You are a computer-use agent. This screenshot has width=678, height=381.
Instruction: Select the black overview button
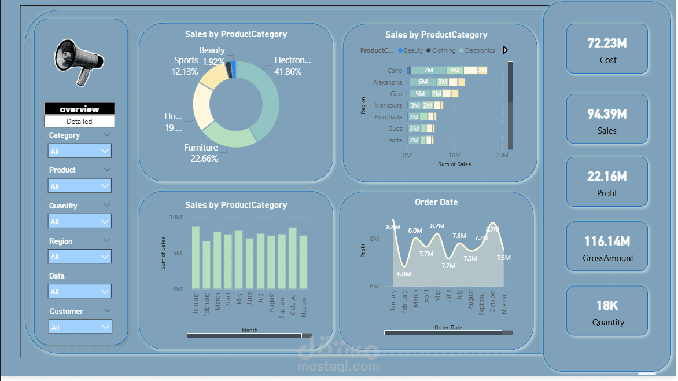coord(79,109)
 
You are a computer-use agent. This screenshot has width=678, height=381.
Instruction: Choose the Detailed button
coord(79,122)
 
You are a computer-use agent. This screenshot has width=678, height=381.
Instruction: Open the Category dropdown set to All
coord(80,151)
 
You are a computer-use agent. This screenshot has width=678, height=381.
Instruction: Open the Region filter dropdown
coord(80,257)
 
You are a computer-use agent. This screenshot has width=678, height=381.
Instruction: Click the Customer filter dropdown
coord(80,327)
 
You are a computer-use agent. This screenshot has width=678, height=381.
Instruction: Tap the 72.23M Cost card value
coord(607,43)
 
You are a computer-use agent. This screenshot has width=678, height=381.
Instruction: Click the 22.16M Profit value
coord(607,177)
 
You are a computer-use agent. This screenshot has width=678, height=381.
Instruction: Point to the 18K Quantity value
coord(607,305)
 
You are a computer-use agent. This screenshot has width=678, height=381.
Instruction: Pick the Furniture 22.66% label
coord(201,153)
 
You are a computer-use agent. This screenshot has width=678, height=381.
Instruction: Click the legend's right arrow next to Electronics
coord(505,50)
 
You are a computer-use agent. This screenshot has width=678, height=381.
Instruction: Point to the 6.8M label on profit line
coord(404,274)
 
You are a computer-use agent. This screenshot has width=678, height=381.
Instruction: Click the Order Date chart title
coord(436,202)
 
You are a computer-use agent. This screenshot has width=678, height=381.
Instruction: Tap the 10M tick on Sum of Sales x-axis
coord(455,156)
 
